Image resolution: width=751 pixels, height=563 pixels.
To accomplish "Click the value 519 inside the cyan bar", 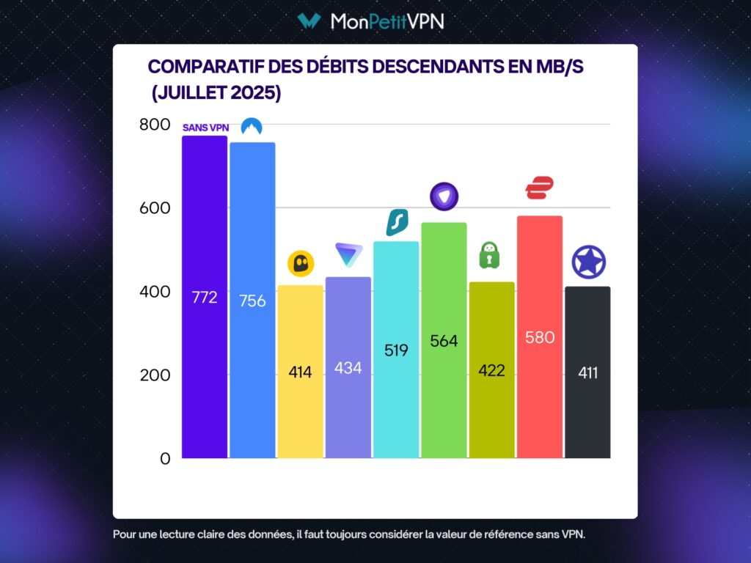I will (x=396, y=350).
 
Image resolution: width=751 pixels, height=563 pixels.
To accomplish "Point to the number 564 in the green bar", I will (x=444, y=341).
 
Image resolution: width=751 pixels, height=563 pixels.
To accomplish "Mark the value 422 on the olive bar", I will (x=491, y=371).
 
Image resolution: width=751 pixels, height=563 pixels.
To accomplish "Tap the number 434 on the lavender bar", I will (x=348, y=368).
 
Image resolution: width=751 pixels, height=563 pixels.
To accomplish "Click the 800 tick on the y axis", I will (x=154, y=125).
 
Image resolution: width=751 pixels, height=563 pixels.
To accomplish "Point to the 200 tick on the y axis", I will (x=154, y=375).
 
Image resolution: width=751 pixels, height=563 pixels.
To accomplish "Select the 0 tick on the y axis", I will (x=164, y=459).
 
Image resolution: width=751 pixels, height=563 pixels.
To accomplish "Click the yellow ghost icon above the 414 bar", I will (x=300, y=263).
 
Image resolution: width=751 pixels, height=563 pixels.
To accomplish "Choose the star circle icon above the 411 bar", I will (x=588, y=262).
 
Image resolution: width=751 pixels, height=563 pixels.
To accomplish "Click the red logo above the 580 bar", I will (x=539, y=188).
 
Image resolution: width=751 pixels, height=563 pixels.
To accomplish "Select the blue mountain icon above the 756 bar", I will (x=252, y=128).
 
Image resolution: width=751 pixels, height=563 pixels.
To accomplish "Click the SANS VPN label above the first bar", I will (x=205, y=128).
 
